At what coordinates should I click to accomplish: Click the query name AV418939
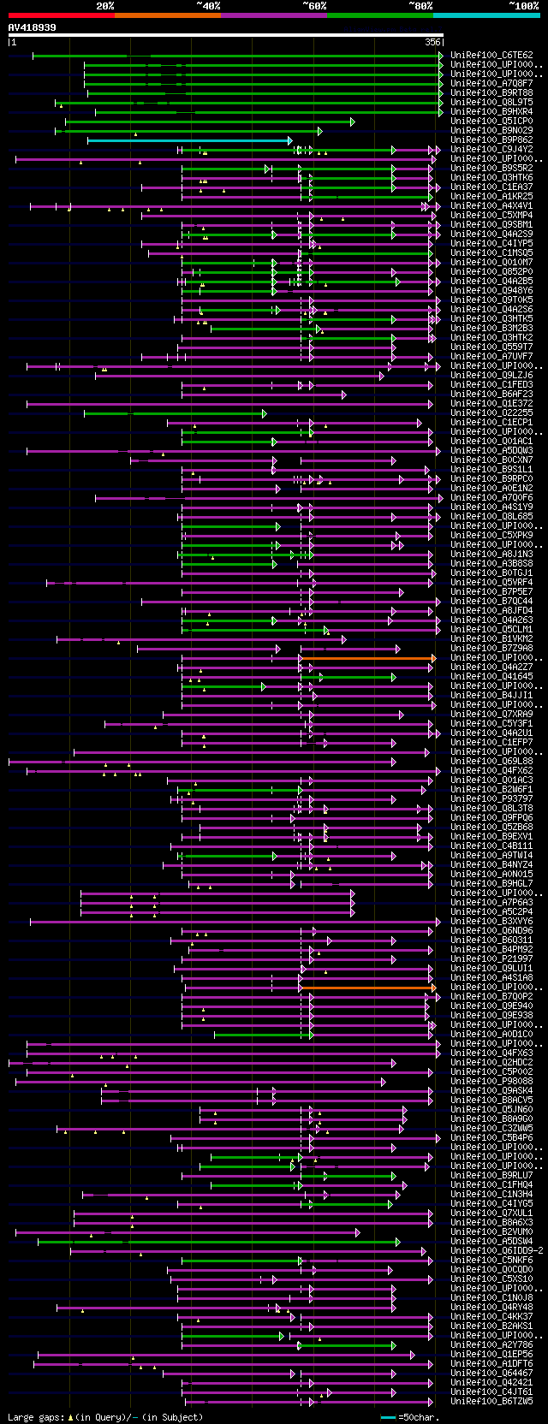pos(33,27)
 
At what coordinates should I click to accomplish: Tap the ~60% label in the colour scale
pos(314,6)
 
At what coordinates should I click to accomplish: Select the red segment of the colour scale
pos(61,15)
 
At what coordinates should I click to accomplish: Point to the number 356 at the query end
pos(432,42)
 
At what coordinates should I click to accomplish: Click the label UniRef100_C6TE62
pos(491,56)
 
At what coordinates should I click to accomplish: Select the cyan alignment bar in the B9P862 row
pos(188,140)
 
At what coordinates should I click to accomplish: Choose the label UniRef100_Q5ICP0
pos(491,122)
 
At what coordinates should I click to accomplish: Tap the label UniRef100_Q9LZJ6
pos(491,376)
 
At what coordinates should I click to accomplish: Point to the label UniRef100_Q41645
pos(491,677)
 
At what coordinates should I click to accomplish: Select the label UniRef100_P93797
pos(491,799)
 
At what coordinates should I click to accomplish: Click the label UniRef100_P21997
pos(491,959)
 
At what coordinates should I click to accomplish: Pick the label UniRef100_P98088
pos(491,1082)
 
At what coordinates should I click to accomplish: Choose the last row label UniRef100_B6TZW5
pos(491,1402)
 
